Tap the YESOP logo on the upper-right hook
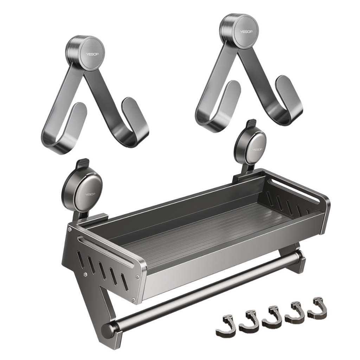tap(246, 31)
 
